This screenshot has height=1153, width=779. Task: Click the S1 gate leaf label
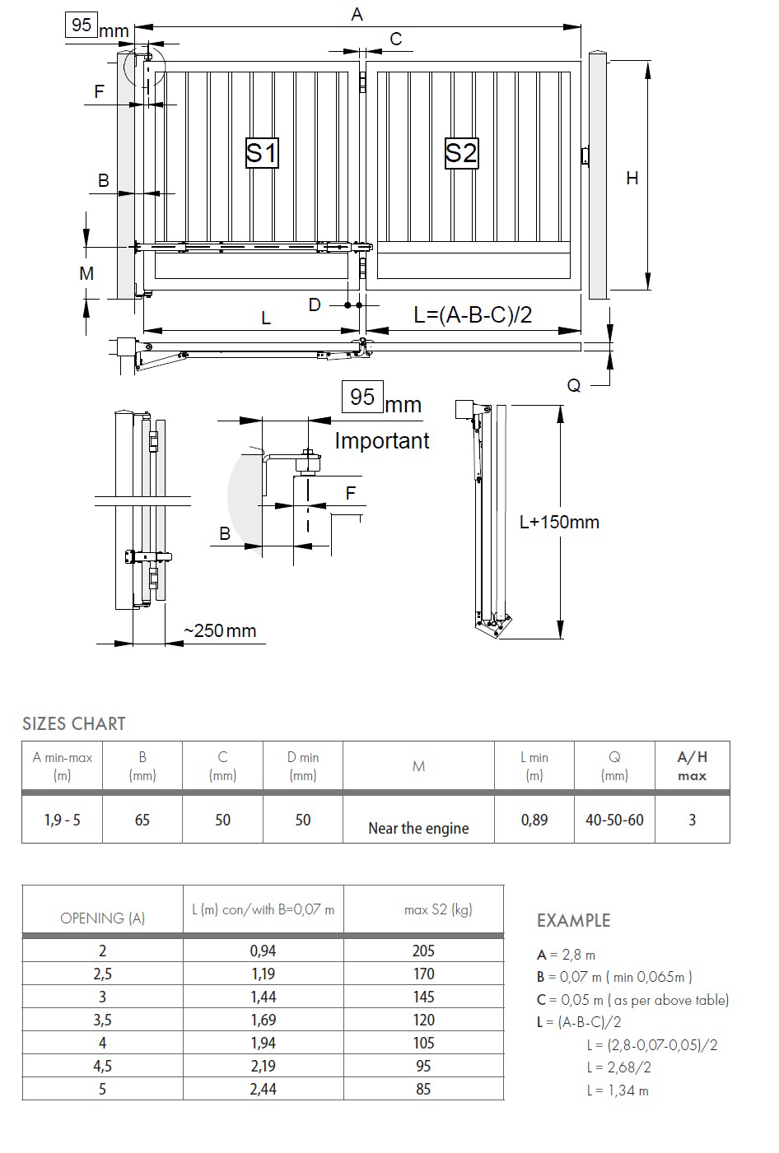262,153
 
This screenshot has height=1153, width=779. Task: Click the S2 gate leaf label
461,153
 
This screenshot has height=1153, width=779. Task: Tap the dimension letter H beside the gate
632,179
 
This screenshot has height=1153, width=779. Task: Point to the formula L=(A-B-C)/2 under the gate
473,314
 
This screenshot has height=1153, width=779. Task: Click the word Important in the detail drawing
382,441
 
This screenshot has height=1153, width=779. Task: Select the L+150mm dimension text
559,523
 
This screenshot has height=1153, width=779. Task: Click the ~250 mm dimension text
220,630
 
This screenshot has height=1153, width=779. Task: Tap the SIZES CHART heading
73,723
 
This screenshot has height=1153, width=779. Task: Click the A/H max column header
692,766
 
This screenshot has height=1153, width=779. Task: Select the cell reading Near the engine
418,828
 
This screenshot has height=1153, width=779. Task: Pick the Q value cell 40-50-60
614,820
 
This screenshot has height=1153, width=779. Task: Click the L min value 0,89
534,820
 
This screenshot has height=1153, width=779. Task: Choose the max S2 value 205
423,951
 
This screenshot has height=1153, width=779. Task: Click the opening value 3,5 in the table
102,1020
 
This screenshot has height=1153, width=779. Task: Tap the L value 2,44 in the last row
264,1089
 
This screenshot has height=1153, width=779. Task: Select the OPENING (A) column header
102,918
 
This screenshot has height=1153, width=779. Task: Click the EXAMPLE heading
574,920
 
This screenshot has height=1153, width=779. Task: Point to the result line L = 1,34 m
618,1090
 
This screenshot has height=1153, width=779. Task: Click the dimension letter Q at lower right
574,385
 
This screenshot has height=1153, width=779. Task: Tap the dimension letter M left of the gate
86,273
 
